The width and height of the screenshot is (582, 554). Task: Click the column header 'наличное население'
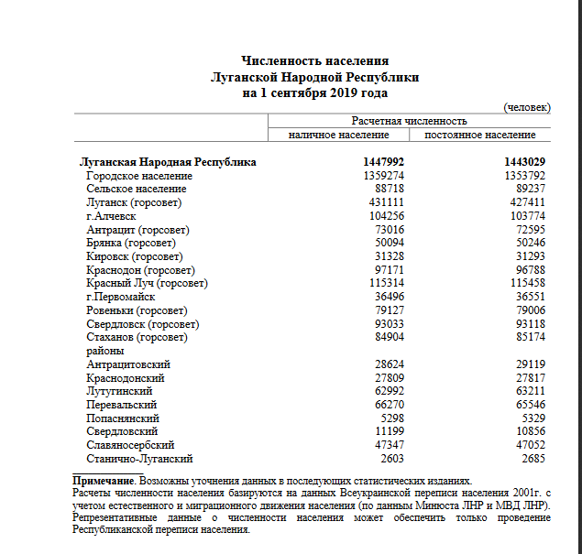tap(338, 135)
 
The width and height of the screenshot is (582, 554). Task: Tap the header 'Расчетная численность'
tap(409, 121)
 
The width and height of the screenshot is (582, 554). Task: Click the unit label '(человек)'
tap(528, 107)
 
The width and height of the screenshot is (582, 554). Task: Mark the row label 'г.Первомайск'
tap(121, 297)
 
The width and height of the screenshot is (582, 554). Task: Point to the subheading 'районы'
tap(104, 351)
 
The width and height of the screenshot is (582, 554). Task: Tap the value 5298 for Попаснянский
tap(393, 418)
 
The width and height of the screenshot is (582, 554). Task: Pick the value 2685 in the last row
tap(535, 458)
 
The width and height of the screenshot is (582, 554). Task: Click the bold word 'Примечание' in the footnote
tap(104, 480)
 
